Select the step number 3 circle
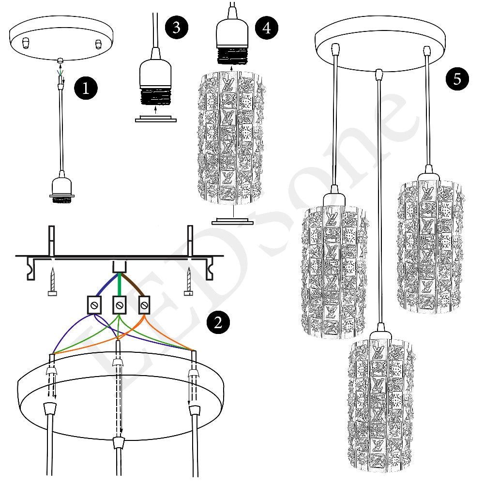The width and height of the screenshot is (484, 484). (177, 28)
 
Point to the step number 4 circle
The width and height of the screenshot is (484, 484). (267, 28)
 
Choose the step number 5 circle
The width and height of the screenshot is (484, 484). (457, 79)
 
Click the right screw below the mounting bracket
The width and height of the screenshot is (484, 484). (189, 283)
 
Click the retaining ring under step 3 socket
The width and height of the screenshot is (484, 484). (155, 119)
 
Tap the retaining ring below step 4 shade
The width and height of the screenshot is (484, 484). (233, 221)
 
